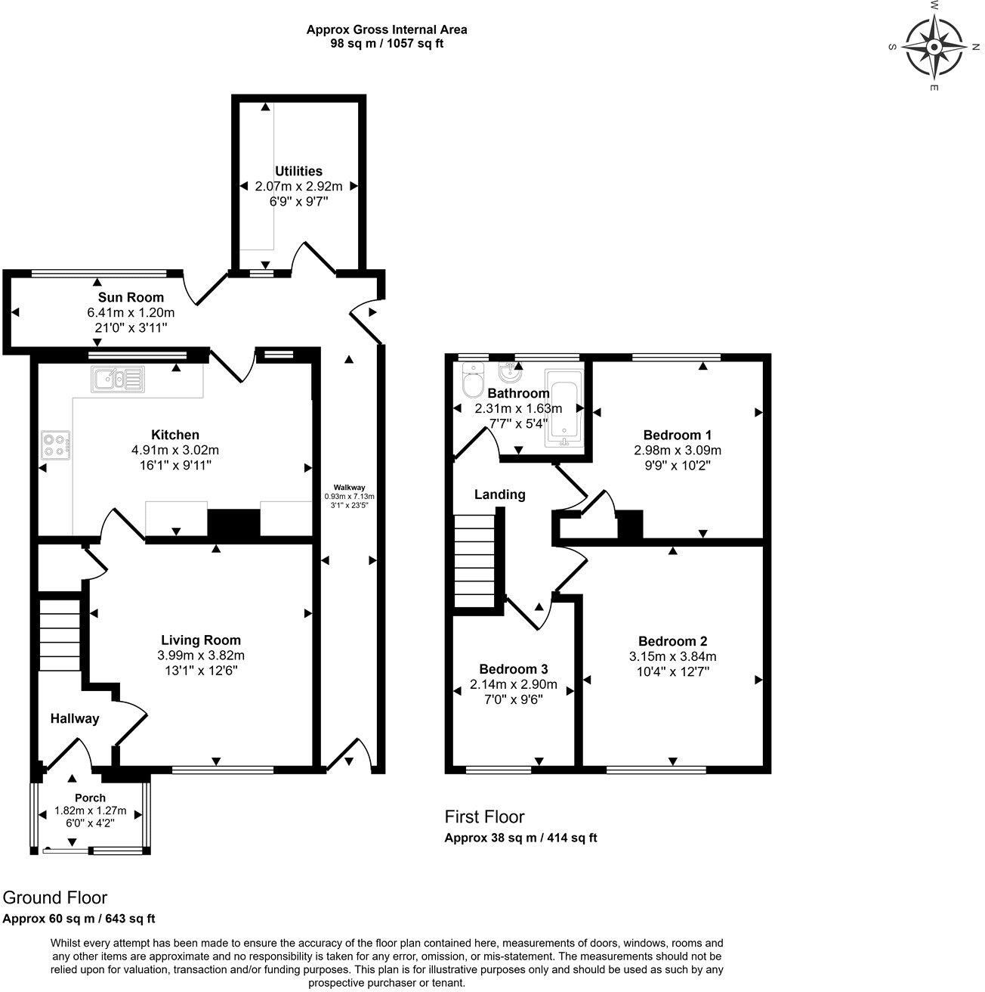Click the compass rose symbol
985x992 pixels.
coord(934,47)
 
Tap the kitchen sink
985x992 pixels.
coord(119,380)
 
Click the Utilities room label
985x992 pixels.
coord(299,172)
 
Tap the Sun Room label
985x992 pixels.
coord(131,298)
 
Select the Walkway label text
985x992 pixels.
coord(349,488)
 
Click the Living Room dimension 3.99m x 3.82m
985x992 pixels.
coord(201,656)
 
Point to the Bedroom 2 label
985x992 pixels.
coord(673,641)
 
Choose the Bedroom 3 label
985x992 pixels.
coord(514,669)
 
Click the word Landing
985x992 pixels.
coord(500,495)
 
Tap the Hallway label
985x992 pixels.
coord(75,719)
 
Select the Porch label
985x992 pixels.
coord(90,798)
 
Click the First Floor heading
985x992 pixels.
coord(484,817)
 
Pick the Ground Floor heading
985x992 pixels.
coord(55,897)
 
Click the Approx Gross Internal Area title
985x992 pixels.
coord(387,29)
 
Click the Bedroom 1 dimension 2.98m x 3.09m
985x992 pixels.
coord(678,451)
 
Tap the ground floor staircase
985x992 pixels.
coord(60,636)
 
